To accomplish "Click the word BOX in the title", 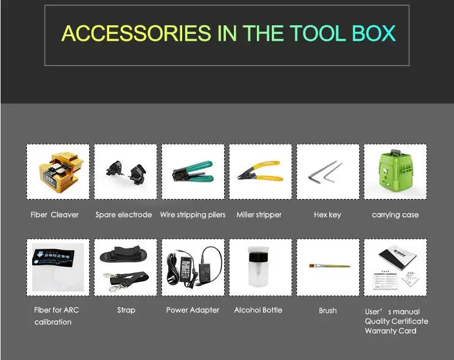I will [374, 33].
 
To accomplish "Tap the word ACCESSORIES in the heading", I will [136, 33].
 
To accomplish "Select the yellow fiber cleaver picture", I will [58, 171].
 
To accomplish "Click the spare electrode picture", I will [125, 171].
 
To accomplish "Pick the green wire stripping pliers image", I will [193, 171].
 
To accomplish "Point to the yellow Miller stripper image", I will [260, 171].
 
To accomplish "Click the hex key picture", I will [328, 171].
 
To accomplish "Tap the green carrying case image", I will [395, 171].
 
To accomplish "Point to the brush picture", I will [328, 266].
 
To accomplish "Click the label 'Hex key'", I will [328, 215].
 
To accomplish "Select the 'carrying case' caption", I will [395, 215].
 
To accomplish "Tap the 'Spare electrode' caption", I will [124, 215].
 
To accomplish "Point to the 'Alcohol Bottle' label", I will [258, 310].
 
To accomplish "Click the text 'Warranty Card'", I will [391, 331].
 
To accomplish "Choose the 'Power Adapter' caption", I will [193, 310].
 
